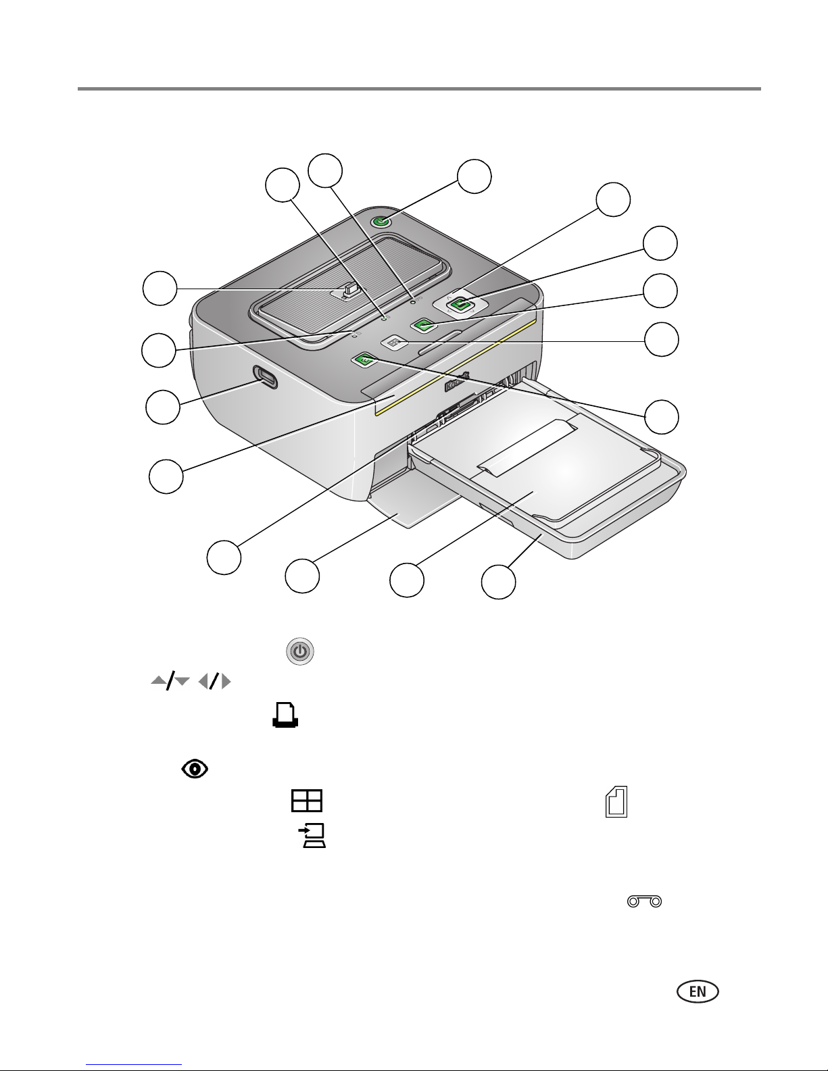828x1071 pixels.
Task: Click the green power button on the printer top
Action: [381, 222]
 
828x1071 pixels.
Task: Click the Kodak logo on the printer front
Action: [458, 380]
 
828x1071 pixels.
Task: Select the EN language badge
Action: [698, 991]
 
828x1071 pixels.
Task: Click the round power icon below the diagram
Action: [300, 651]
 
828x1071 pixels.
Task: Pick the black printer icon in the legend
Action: [285, 715]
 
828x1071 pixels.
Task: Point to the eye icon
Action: [195, 768]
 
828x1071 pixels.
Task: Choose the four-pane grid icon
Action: [307, 801]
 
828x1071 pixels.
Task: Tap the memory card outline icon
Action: [616, 801]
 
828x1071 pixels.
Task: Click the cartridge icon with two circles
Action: [644, 901]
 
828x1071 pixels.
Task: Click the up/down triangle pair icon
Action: [170, 682]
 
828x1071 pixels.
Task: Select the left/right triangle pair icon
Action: [214, 682]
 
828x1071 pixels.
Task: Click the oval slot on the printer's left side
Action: [265, 377]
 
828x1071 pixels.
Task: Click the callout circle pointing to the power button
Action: [474, 176]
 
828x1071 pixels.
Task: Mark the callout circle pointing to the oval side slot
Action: [163, 407]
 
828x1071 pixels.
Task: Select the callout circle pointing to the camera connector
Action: [160, 288]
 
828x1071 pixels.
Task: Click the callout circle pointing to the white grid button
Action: [662, 339]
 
